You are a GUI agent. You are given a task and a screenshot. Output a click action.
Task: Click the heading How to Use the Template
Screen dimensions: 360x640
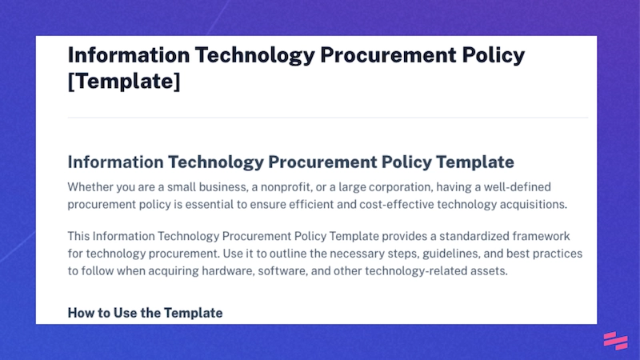[145, 312]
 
